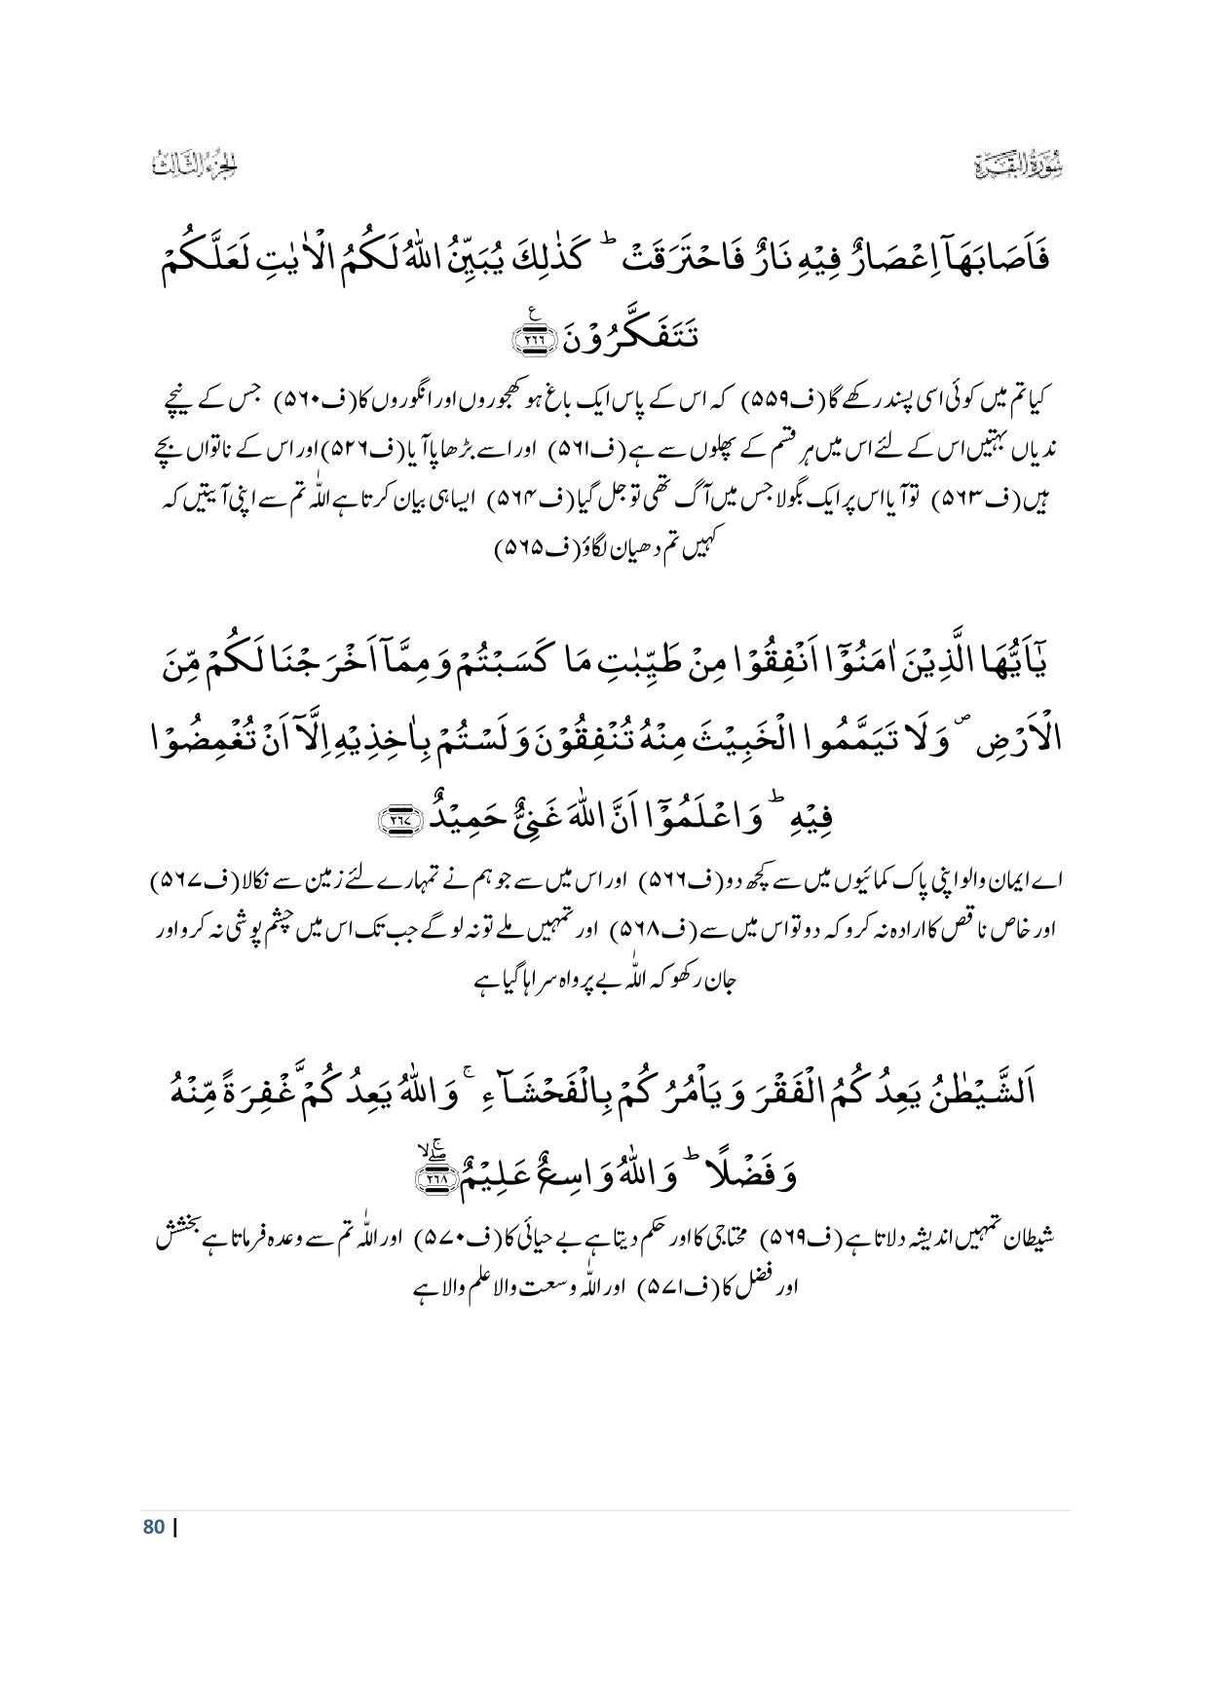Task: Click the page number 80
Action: [153, 1526]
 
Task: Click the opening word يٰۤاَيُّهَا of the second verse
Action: [1010, 665]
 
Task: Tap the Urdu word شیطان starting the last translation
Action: [1027, 1240]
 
